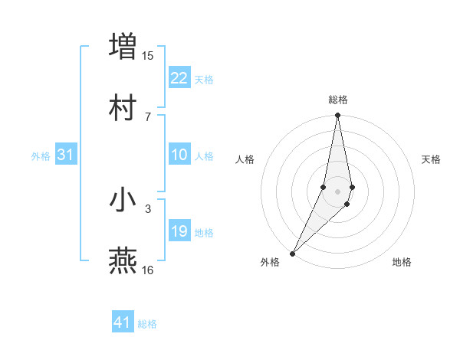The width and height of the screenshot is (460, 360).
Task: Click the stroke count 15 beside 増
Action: [x=148, y=55]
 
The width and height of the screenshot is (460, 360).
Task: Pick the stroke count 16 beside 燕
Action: [x=148, y=270]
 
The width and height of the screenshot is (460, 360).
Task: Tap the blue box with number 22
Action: [x=179, y=78]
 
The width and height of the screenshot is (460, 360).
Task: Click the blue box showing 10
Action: [x=179, y=155]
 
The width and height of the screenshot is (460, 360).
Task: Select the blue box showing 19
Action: [x=179, y=231]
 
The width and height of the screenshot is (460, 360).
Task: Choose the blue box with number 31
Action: [x=66, y=155]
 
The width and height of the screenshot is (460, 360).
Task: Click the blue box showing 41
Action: [x=123, y=322]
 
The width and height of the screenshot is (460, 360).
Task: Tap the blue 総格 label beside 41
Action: [x=147, y=324]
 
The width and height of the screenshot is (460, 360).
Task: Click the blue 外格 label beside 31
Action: [x=41, y=156]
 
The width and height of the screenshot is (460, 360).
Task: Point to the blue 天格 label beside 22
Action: [x=203, y=80]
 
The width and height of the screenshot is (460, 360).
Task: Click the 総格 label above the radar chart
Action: [x=338, y=100]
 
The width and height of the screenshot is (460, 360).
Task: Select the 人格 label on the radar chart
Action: [x=245, y=159]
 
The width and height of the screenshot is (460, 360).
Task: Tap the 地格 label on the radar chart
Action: [x=402, y=262]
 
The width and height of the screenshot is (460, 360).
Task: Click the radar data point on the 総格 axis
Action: [x=337, y=116]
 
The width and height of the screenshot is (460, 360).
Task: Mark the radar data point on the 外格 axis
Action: [x=293, y=253]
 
